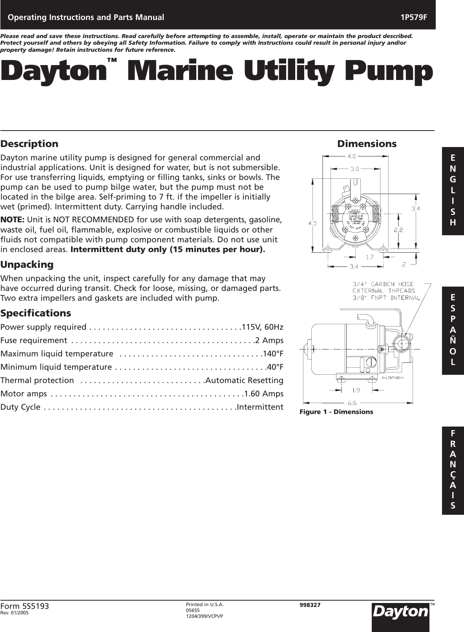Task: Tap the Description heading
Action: point(29,144)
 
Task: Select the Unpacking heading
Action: point(27,265)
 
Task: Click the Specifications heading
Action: point(36,313)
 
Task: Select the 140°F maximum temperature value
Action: point(273,354)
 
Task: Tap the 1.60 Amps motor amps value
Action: point(264,393)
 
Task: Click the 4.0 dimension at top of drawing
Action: point(351,156)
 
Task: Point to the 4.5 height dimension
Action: point(313,223)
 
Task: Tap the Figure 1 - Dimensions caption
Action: point(336,412)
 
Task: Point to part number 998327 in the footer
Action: point(310,605)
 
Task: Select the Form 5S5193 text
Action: point(25,607)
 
